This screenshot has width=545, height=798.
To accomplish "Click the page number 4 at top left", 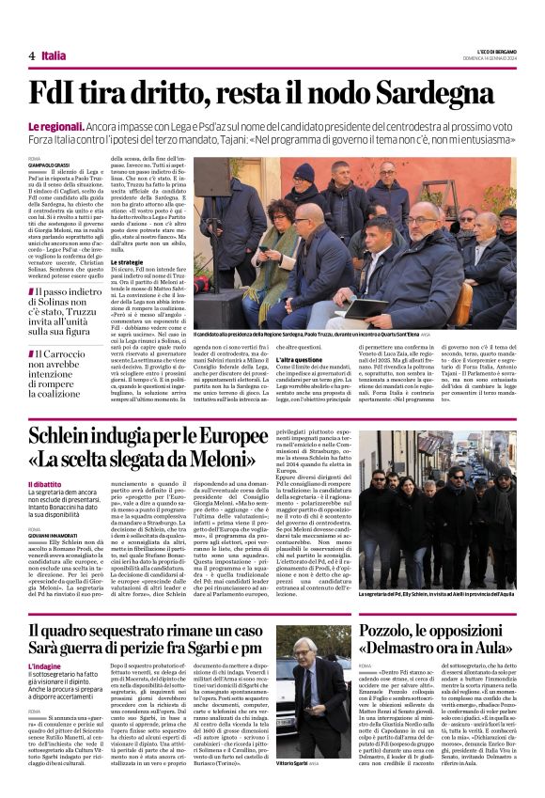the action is (32, 56).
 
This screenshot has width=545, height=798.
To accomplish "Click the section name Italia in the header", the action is (54, 56).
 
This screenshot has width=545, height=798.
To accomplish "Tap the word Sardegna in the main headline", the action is (441, 94).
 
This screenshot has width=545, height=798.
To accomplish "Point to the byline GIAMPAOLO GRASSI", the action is (54, 166).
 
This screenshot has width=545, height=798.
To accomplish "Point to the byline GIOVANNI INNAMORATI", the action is (54, 536).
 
